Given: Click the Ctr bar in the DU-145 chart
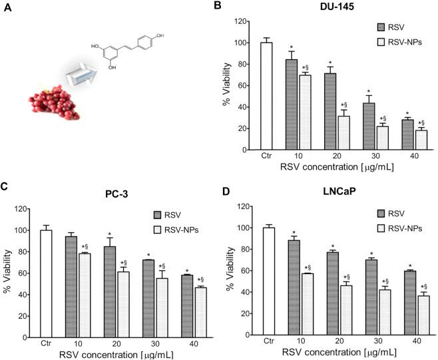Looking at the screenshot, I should point(266,96).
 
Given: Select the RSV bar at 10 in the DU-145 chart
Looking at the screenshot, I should point(291,105).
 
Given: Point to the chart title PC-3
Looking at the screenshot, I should point(109,194).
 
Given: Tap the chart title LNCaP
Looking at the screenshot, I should point(320,194).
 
